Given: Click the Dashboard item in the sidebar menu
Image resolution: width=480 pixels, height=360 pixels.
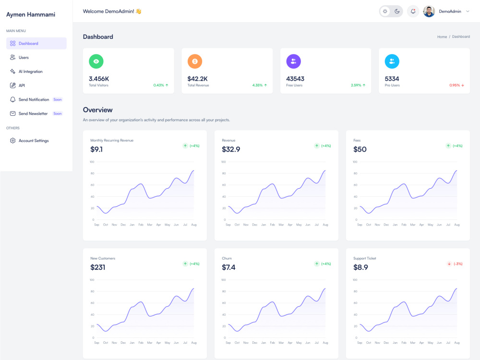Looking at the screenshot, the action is point(36,44).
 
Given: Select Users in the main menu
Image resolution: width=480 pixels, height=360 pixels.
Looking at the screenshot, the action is point(23,58).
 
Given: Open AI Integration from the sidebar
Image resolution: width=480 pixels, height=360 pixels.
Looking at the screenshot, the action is point(30,72).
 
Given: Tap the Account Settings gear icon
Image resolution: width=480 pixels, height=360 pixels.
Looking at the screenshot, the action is point(12,141).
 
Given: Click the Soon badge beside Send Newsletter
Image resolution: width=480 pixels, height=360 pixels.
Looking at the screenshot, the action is point(58,114).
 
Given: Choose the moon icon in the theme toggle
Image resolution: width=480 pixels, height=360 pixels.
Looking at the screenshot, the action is point(397,12).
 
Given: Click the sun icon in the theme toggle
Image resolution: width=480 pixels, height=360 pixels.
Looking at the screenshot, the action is point(385,12).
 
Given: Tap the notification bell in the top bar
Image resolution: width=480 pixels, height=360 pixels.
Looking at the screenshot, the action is point(413,12).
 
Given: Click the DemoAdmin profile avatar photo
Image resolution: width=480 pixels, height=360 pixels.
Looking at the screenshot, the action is point(429,12).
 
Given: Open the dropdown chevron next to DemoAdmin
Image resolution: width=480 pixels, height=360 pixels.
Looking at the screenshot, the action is point(468,12).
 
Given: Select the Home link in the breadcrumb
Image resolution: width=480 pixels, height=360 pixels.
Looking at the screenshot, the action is point(442,37).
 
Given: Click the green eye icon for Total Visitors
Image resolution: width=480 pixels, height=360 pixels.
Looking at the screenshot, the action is point(96,61).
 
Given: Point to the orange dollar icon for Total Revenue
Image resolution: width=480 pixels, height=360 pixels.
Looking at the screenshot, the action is point(195,61).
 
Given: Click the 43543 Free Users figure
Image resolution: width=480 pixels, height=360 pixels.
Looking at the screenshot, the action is point(295,79).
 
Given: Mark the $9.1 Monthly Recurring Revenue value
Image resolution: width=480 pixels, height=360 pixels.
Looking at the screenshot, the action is point(96,149).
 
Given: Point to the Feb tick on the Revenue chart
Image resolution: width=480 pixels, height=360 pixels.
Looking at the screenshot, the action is point(273,225).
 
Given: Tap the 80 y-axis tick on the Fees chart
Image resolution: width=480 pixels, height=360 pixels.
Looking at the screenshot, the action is point(355,173).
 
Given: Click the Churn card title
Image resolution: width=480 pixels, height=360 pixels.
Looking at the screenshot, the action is point(227,258).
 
